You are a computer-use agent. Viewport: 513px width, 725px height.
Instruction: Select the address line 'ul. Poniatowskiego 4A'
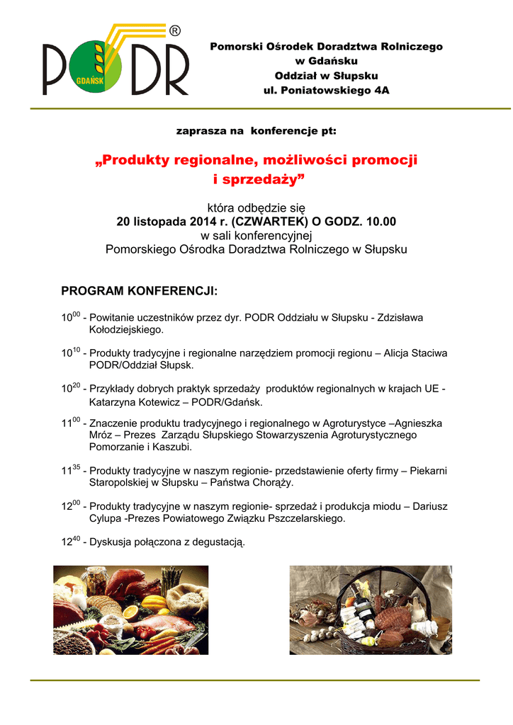click(x=326, y=91)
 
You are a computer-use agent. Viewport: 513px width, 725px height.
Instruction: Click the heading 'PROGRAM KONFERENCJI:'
click(x=140, y=292)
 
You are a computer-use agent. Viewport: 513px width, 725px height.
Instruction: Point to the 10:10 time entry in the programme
click(x=70, y=353)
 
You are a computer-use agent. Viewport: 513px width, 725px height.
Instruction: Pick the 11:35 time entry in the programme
click(x=70, y=470)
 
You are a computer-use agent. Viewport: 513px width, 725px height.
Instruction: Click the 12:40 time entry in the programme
click(x=70, y=542)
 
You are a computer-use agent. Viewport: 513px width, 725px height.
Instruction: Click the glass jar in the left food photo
click(x=96, y=581)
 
